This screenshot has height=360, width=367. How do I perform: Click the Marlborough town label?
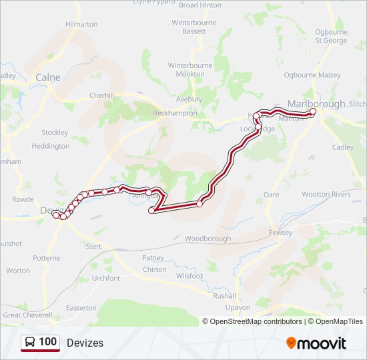click(x=316, y=103)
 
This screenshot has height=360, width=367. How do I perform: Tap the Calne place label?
click(x=48, y=77)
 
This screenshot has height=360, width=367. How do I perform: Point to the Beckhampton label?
click(x=175, y=113)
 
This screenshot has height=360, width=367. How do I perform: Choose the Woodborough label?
click(x=208, y=239)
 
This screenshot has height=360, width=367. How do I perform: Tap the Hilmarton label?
click(x=81, y=24)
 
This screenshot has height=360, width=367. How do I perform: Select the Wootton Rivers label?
click(x=326, y=194)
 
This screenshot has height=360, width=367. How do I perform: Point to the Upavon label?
click(x=238, y=307)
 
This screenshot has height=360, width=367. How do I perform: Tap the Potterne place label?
click(x=46, y=258)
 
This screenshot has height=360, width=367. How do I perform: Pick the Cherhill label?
click(x=102, y=95)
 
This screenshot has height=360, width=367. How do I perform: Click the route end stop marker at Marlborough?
click(x=312, y=112)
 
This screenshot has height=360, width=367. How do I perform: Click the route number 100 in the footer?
click(x=47, y=342)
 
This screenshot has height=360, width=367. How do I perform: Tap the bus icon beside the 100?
click(x=31, y=343)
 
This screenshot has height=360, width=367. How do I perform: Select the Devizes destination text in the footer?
click(x=85, y=343)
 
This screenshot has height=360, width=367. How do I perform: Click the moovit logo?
click(x=316, y=343)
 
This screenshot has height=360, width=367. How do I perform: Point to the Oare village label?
click(x=272, y=195)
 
